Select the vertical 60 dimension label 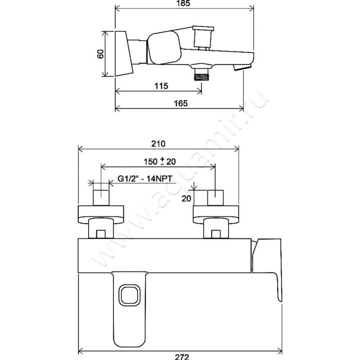point(101,54)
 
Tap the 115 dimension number point(161,86)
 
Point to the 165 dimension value point(181,103)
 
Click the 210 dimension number point(158,144)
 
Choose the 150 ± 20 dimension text point(160,162)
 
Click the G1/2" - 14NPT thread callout point(144,178)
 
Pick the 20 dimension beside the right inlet point(186,198)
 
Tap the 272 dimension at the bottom point(182,356)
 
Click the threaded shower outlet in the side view point(201,74)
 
